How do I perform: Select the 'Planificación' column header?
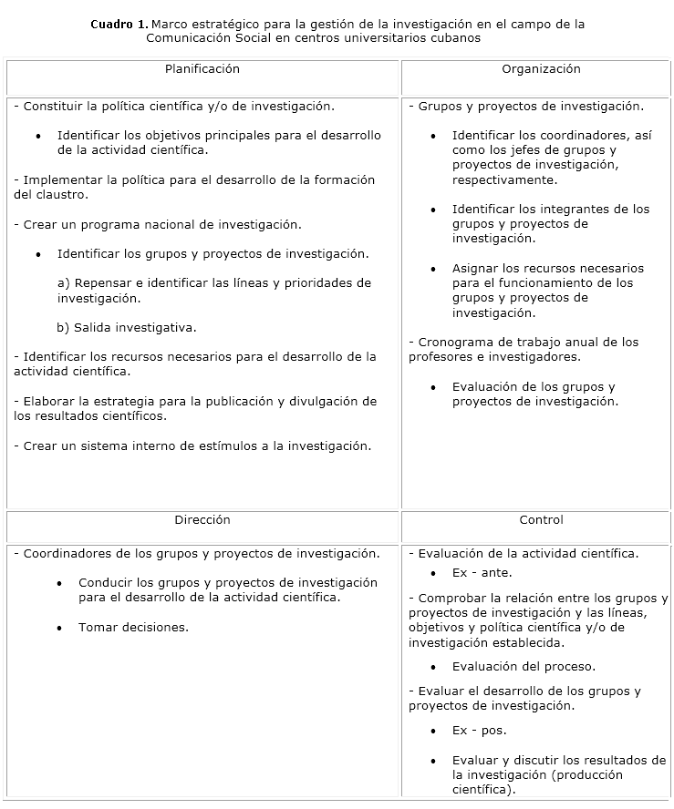coord(202,69)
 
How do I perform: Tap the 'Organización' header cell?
coord(541,69)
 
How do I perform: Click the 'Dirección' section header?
coord(202,520)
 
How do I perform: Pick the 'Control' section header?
coord(541,520)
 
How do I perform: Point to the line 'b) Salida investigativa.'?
coord(127,328)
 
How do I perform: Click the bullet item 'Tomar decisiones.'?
coord(133,628)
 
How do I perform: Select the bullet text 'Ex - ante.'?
coord(482,573)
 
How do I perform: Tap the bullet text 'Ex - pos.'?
coord(479,731)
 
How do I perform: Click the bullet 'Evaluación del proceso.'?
coord(524,667)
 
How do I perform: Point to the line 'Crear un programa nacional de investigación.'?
coord(157,224)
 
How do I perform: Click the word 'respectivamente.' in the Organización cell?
coord(504,180)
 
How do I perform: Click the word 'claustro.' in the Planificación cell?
coord(51,195)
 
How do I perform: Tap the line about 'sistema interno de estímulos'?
coord(192,446)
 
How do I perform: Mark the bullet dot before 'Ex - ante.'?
coord(433,574)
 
